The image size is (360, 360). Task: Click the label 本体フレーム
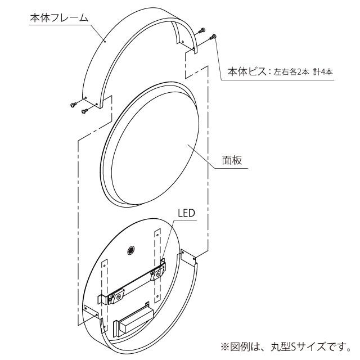59,17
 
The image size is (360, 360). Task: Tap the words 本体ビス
247,72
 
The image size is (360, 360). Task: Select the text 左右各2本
291,73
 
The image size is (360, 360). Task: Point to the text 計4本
323,73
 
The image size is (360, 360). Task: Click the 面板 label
232,160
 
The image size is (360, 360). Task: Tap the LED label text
186,213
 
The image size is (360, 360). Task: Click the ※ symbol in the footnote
225,346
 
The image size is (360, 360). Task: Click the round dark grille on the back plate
131,250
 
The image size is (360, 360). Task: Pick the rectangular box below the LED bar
133,317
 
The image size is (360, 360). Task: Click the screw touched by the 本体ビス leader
213,38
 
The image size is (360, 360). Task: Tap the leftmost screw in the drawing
74,105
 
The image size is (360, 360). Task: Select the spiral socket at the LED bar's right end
159,273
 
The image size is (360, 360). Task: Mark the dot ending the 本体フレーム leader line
105,42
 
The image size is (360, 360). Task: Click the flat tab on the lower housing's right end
188,256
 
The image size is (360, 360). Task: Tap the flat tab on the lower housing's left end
91,311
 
